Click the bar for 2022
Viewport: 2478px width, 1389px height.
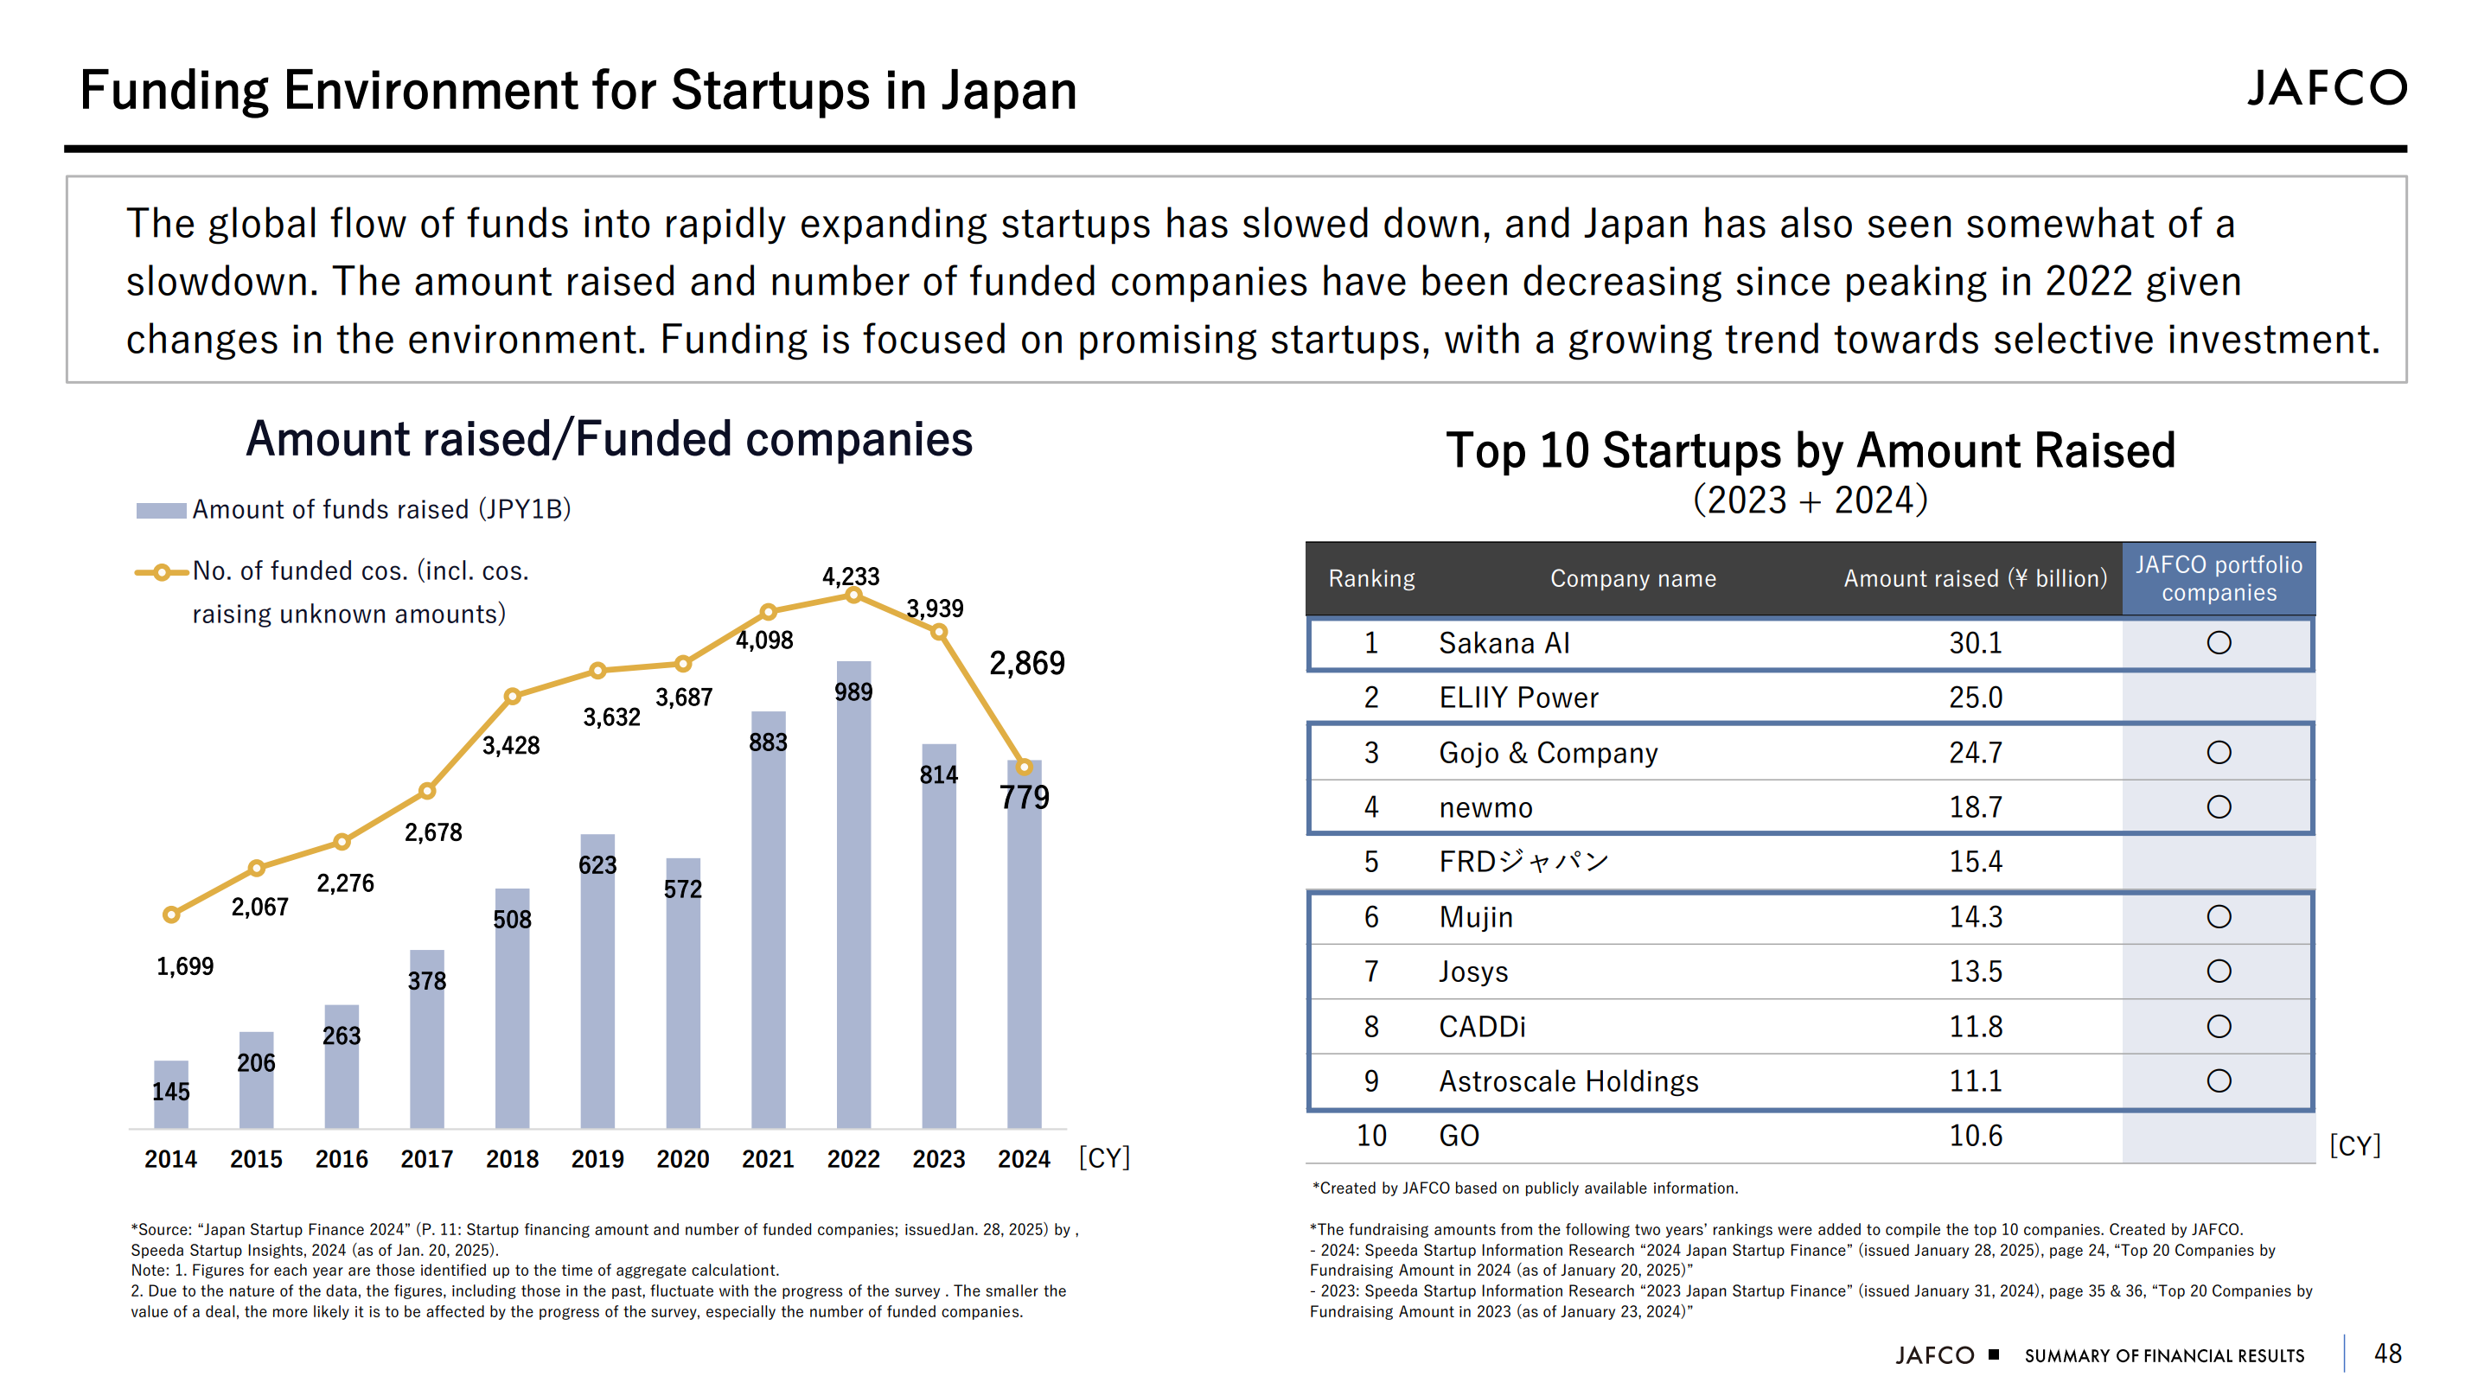tap(853, 895)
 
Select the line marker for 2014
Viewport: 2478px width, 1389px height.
tap(171, 914)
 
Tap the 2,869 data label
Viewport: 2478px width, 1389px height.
tap(1026, 663)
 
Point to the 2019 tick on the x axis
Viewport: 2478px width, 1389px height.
tap(597, 1159)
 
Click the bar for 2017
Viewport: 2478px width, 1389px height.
tap(426, 1039)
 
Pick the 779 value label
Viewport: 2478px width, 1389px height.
tap(1024, 798)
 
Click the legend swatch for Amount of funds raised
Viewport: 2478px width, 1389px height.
tap(161, 511)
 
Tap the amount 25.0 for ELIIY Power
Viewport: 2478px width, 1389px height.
tap(1975, 698)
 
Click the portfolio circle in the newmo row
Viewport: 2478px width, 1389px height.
tap(2219, 807)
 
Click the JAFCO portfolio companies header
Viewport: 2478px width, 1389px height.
tap(2219, 579)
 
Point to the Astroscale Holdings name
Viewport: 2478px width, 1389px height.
tap(1568, 1081)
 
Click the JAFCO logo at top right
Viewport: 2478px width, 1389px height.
tap(2326, 88)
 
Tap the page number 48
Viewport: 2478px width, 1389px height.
tap(2387, 1354)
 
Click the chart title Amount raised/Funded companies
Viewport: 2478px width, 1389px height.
tap(609, 440)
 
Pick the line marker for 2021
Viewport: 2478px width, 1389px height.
tap(768, 612)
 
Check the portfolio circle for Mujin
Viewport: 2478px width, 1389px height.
tap(2219, 917)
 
